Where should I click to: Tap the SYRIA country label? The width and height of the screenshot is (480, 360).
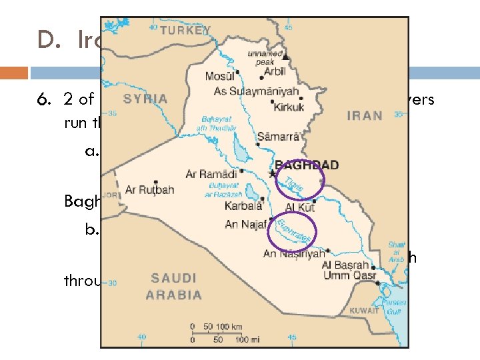tap(145, 99)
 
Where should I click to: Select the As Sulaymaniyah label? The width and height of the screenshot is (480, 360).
tap(256, 91)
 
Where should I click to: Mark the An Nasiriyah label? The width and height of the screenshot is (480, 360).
tap(294, 253)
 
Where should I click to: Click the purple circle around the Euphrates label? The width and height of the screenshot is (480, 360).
tap(292, 231)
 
